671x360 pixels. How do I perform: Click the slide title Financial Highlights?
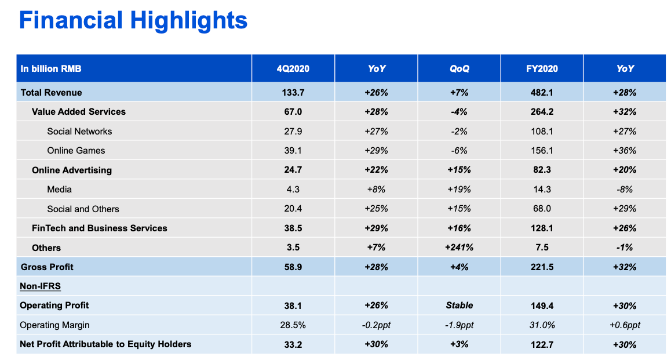[133, 21]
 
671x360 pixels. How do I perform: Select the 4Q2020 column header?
[293, 68]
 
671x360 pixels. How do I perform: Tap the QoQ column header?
[459, 68]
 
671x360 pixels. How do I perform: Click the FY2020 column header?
[542, 68]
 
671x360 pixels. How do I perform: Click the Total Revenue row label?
[52, 92]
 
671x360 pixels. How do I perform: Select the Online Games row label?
[76, 151]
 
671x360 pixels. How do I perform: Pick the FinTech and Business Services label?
[100, 228]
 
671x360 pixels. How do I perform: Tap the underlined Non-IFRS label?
[41, 286]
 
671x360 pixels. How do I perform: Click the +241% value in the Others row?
[459, 248]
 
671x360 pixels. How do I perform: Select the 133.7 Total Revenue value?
[293, 92]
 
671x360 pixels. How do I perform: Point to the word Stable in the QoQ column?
[459, 306]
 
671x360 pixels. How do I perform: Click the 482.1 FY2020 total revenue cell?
[542, 92]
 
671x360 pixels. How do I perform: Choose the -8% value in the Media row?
[625, 190]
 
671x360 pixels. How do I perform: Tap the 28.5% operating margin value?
[293, 325]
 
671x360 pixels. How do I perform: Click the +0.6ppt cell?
[625, 325]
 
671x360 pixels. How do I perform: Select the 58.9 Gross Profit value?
[293, 267]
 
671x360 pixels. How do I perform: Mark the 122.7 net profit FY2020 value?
[542, 344]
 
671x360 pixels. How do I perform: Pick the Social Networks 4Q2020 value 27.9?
[293, 131]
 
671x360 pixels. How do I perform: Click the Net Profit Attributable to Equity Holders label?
[105, 344]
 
